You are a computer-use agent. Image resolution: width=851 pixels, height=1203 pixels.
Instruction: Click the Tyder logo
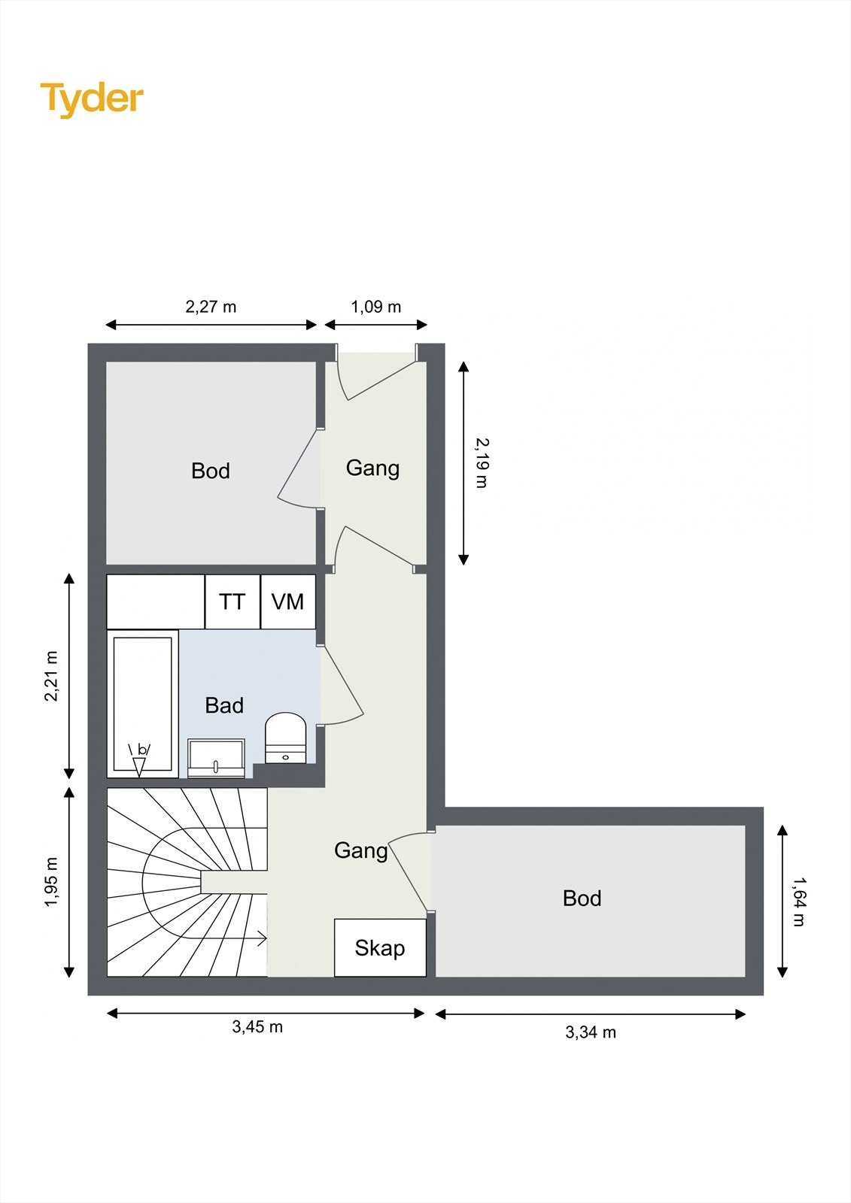pos(92,100)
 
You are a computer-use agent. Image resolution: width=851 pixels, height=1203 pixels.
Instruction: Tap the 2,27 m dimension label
pos(211,307)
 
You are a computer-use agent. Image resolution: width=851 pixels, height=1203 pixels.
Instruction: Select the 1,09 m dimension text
pos(375,307)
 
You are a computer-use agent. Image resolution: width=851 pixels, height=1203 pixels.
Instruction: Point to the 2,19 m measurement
pos(482,462)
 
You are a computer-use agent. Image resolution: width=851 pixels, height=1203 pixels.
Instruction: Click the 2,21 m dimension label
pos(51,676)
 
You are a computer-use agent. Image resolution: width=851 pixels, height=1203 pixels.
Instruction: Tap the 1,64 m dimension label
pos(799,901)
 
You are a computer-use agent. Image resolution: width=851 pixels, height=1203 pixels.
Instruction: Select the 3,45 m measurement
pos(257,1027)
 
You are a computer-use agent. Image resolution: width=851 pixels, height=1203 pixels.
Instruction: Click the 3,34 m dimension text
pos(590,1032)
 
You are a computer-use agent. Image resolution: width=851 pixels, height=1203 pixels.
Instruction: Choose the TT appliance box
pos(233,601)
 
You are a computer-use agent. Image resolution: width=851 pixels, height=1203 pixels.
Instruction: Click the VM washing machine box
pos(288,601)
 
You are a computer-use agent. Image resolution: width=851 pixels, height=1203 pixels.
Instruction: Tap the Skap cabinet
pos(380,948)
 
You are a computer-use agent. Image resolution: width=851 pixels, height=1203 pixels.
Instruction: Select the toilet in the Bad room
pos(285,738)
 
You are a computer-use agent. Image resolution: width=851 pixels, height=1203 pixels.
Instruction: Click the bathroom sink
pos(216,759)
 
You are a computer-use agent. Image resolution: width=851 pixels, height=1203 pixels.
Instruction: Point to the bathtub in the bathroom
pos(142,704)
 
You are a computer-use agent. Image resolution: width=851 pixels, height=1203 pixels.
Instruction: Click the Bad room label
pos(224,705)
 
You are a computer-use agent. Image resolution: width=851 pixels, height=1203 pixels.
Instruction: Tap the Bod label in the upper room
pos(211,471)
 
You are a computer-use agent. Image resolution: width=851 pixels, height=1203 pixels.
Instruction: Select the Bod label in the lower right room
pos(582,898)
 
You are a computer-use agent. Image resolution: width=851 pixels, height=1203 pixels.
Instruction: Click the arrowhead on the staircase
pos(263,939)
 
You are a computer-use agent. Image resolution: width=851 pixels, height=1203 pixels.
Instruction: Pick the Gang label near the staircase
pos(361,850)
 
